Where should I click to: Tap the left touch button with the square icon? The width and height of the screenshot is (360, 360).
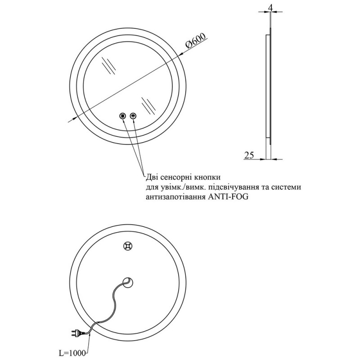123,116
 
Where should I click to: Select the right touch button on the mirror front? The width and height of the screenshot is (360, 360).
133,116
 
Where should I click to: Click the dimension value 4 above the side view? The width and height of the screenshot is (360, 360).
270,8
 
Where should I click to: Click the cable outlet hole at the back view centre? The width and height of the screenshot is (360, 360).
128,282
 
